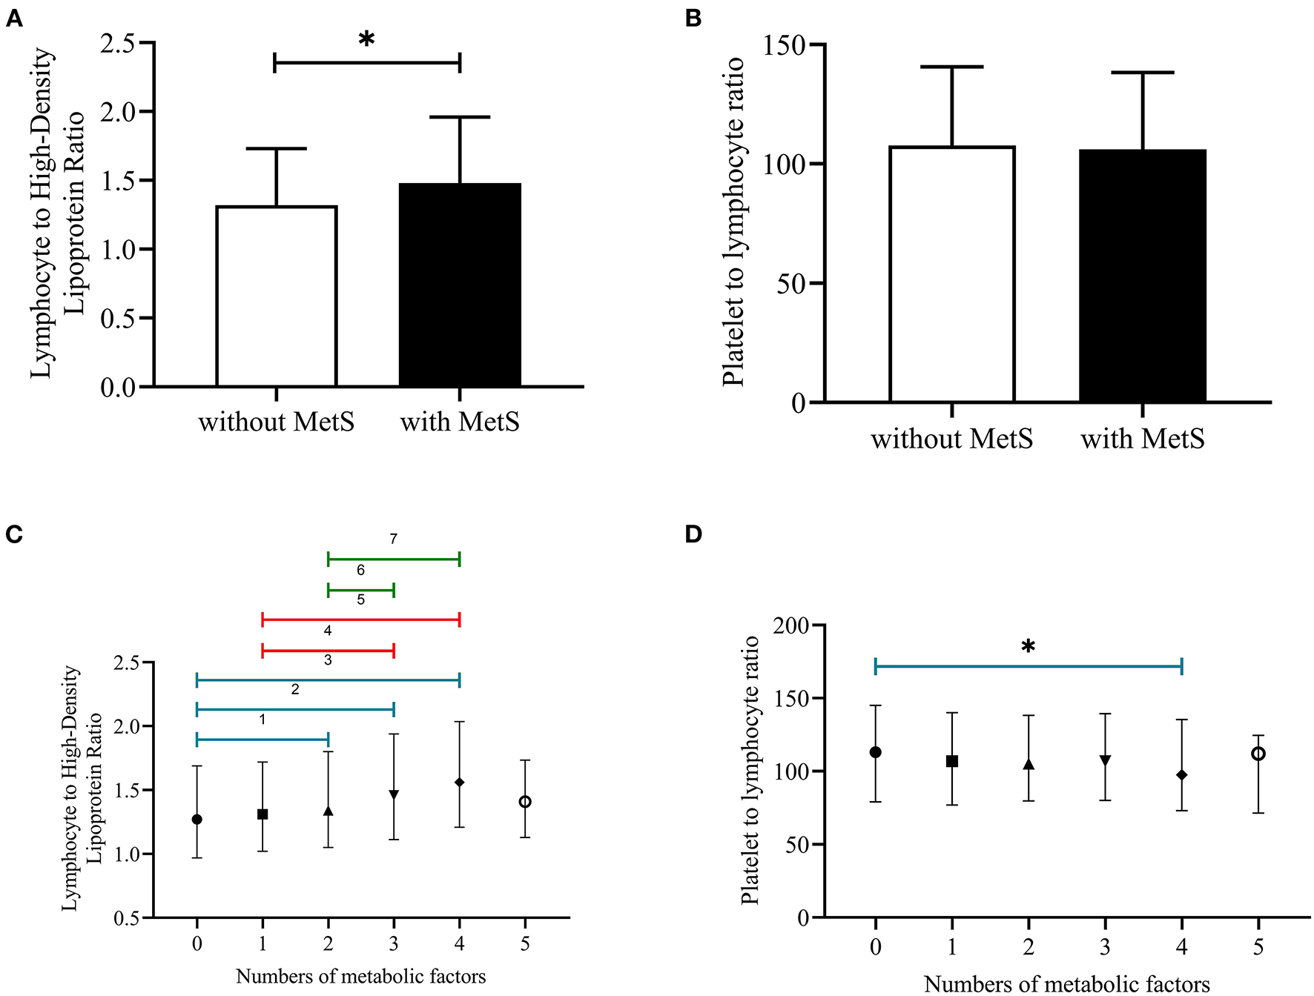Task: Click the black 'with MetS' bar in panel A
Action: (x=460, y=285)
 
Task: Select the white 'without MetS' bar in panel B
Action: (x=951, y=274)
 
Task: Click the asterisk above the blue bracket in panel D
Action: (x=1028, y=647)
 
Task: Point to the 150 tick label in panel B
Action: (x=784, y=45)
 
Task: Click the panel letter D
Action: (x=693, y=534)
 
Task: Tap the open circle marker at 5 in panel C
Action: (x=525, y=802)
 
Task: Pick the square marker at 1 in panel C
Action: (x=263, y=814)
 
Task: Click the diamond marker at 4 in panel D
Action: (x=1181, y=775)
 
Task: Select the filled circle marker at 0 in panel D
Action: (x=876, y=752)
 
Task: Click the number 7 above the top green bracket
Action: (x=394, y=539)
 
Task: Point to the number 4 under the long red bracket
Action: (x=328, y=631)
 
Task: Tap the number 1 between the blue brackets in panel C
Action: (x=263, y=720)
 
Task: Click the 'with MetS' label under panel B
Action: (x=1142, y=439)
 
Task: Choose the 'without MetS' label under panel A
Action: (x=276, y=422)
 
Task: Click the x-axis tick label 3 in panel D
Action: (x=1105, y=948)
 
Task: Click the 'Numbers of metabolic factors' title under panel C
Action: (x=360, y=977)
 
